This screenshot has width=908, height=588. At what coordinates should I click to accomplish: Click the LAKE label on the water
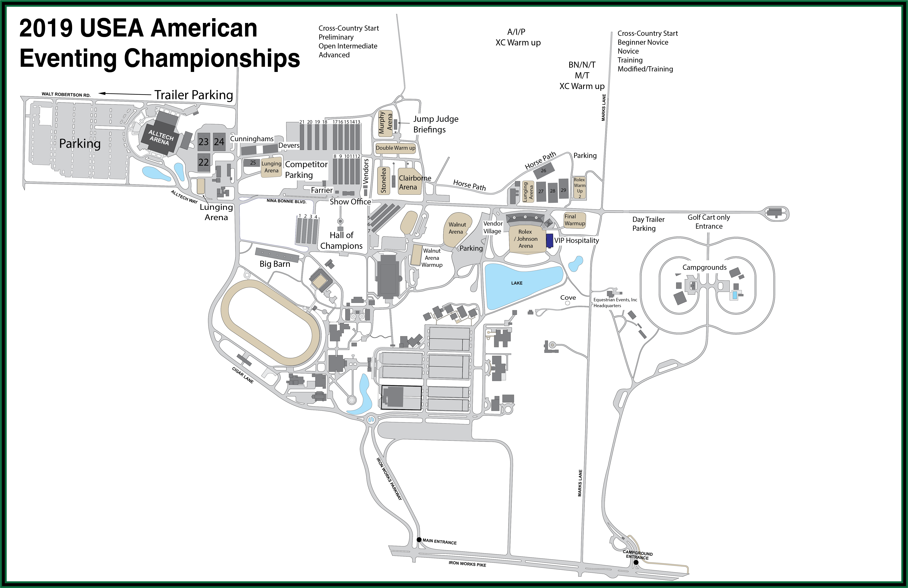click(517, 283)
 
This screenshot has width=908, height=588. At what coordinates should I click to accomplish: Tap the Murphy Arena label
click(385, 122)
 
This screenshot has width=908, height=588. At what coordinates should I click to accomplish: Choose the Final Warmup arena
click(574, 220)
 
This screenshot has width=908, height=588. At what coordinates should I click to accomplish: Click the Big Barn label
click(275, 264)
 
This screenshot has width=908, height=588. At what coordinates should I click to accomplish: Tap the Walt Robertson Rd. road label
click(66, 94)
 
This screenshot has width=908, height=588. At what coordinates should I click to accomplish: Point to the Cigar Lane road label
click(243, 375)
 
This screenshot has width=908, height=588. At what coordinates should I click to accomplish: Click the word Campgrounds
click(704, 267)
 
